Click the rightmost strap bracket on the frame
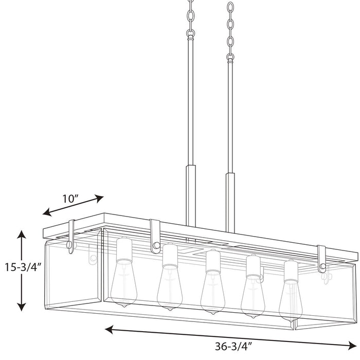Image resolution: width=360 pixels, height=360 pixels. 322,259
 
